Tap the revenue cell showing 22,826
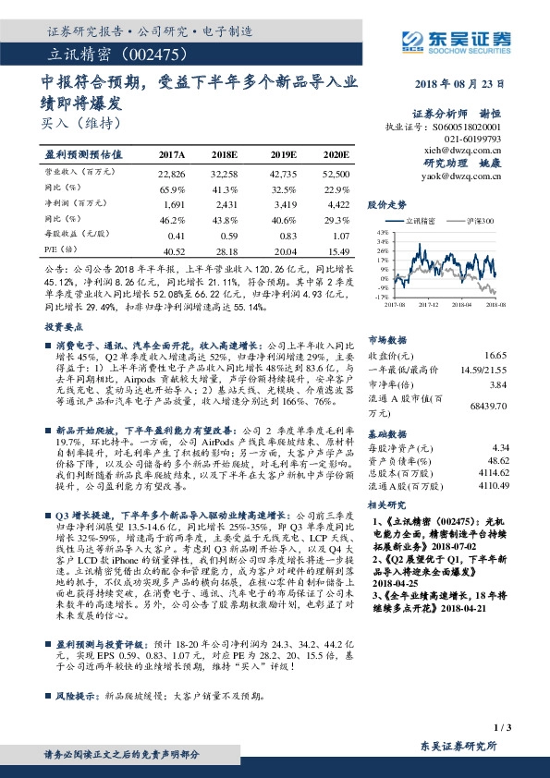point(172,173)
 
